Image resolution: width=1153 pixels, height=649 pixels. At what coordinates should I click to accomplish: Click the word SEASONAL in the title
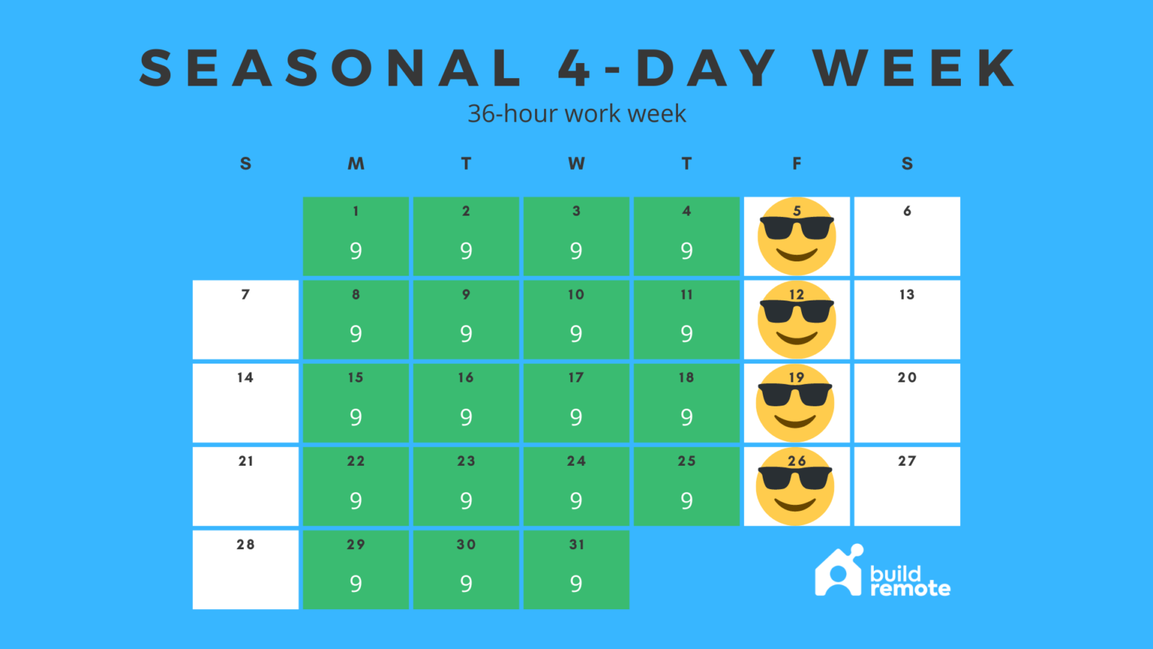[331, 68]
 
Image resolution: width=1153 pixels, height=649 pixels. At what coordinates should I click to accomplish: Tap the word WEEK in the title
[914, 68]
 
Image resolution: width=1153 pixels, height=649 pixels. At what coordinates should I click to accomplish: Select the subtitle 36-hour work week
[576, 113]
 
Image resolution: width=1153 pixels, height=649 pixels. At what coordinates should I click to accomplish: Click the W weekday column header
[576, 164]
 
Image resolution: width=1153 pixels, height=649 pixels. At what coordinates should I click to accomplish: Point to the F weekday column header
[796, 164]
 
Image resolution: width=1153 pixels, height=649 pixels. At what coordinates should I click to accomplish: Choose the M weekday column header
[356, 164]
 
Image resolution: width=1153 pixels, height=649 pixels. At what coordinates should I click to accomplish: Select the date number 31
[576, 545]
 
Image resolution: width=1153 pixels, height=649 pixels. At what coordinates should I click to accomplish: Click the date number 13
[907, 294]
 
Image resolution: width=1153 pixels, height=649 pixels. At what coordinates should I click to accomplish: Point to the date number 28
[245, 545]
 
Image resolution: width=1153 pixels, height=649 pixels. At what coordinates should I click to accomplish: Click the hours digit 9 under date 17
[576, 418]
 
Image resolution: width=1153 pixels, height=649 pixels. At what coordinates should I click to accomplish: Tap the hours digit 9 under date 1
[356, 251]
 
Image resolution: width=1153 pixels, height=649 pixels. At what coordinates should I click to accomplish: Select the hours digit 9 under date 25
[686, 501]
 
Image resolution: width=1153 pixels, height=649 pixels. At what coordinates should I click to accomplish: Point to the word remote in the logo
[910, 589]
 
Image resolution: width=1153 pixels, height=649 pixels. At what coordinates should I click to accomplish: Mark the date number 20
[907, 378]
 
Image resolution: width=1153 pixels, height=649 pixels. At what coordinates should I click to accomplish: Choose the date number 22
[356, 461]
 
